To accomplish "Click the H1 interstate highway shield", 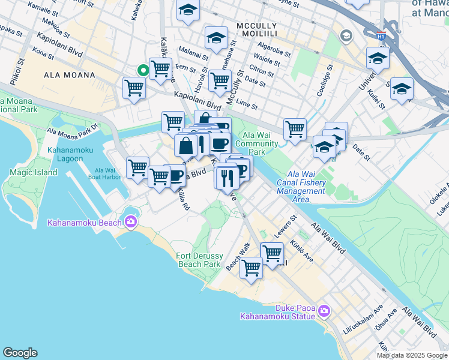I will pyautogui.click(x=381, y=36).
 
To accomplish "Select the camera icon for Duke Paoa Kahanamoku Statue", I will pyautogui.click(x=324, y=310).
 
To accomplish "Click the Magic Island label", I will pyautogui.click(x=34, y=172).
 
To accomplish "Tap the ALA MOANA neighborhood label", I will pyautogui.click(x=70, y=75).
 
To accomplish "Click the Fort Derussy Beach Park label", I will pyautogui.click(x=198, y=260).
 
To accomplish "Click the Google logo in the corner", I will pyautogui.click(x=20, y=352).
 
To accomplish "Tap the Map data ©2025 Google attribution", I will pyautogui.click(x=412, y=355).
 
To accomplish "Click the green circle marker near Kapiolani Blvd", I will pyautogui.click(x=143, y=70).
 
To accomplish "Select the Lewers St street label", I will pyautogui.click(x=287, y=227).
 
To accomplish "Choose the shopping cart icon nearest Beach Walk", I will pyautogui.click(x=251, y=268).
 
